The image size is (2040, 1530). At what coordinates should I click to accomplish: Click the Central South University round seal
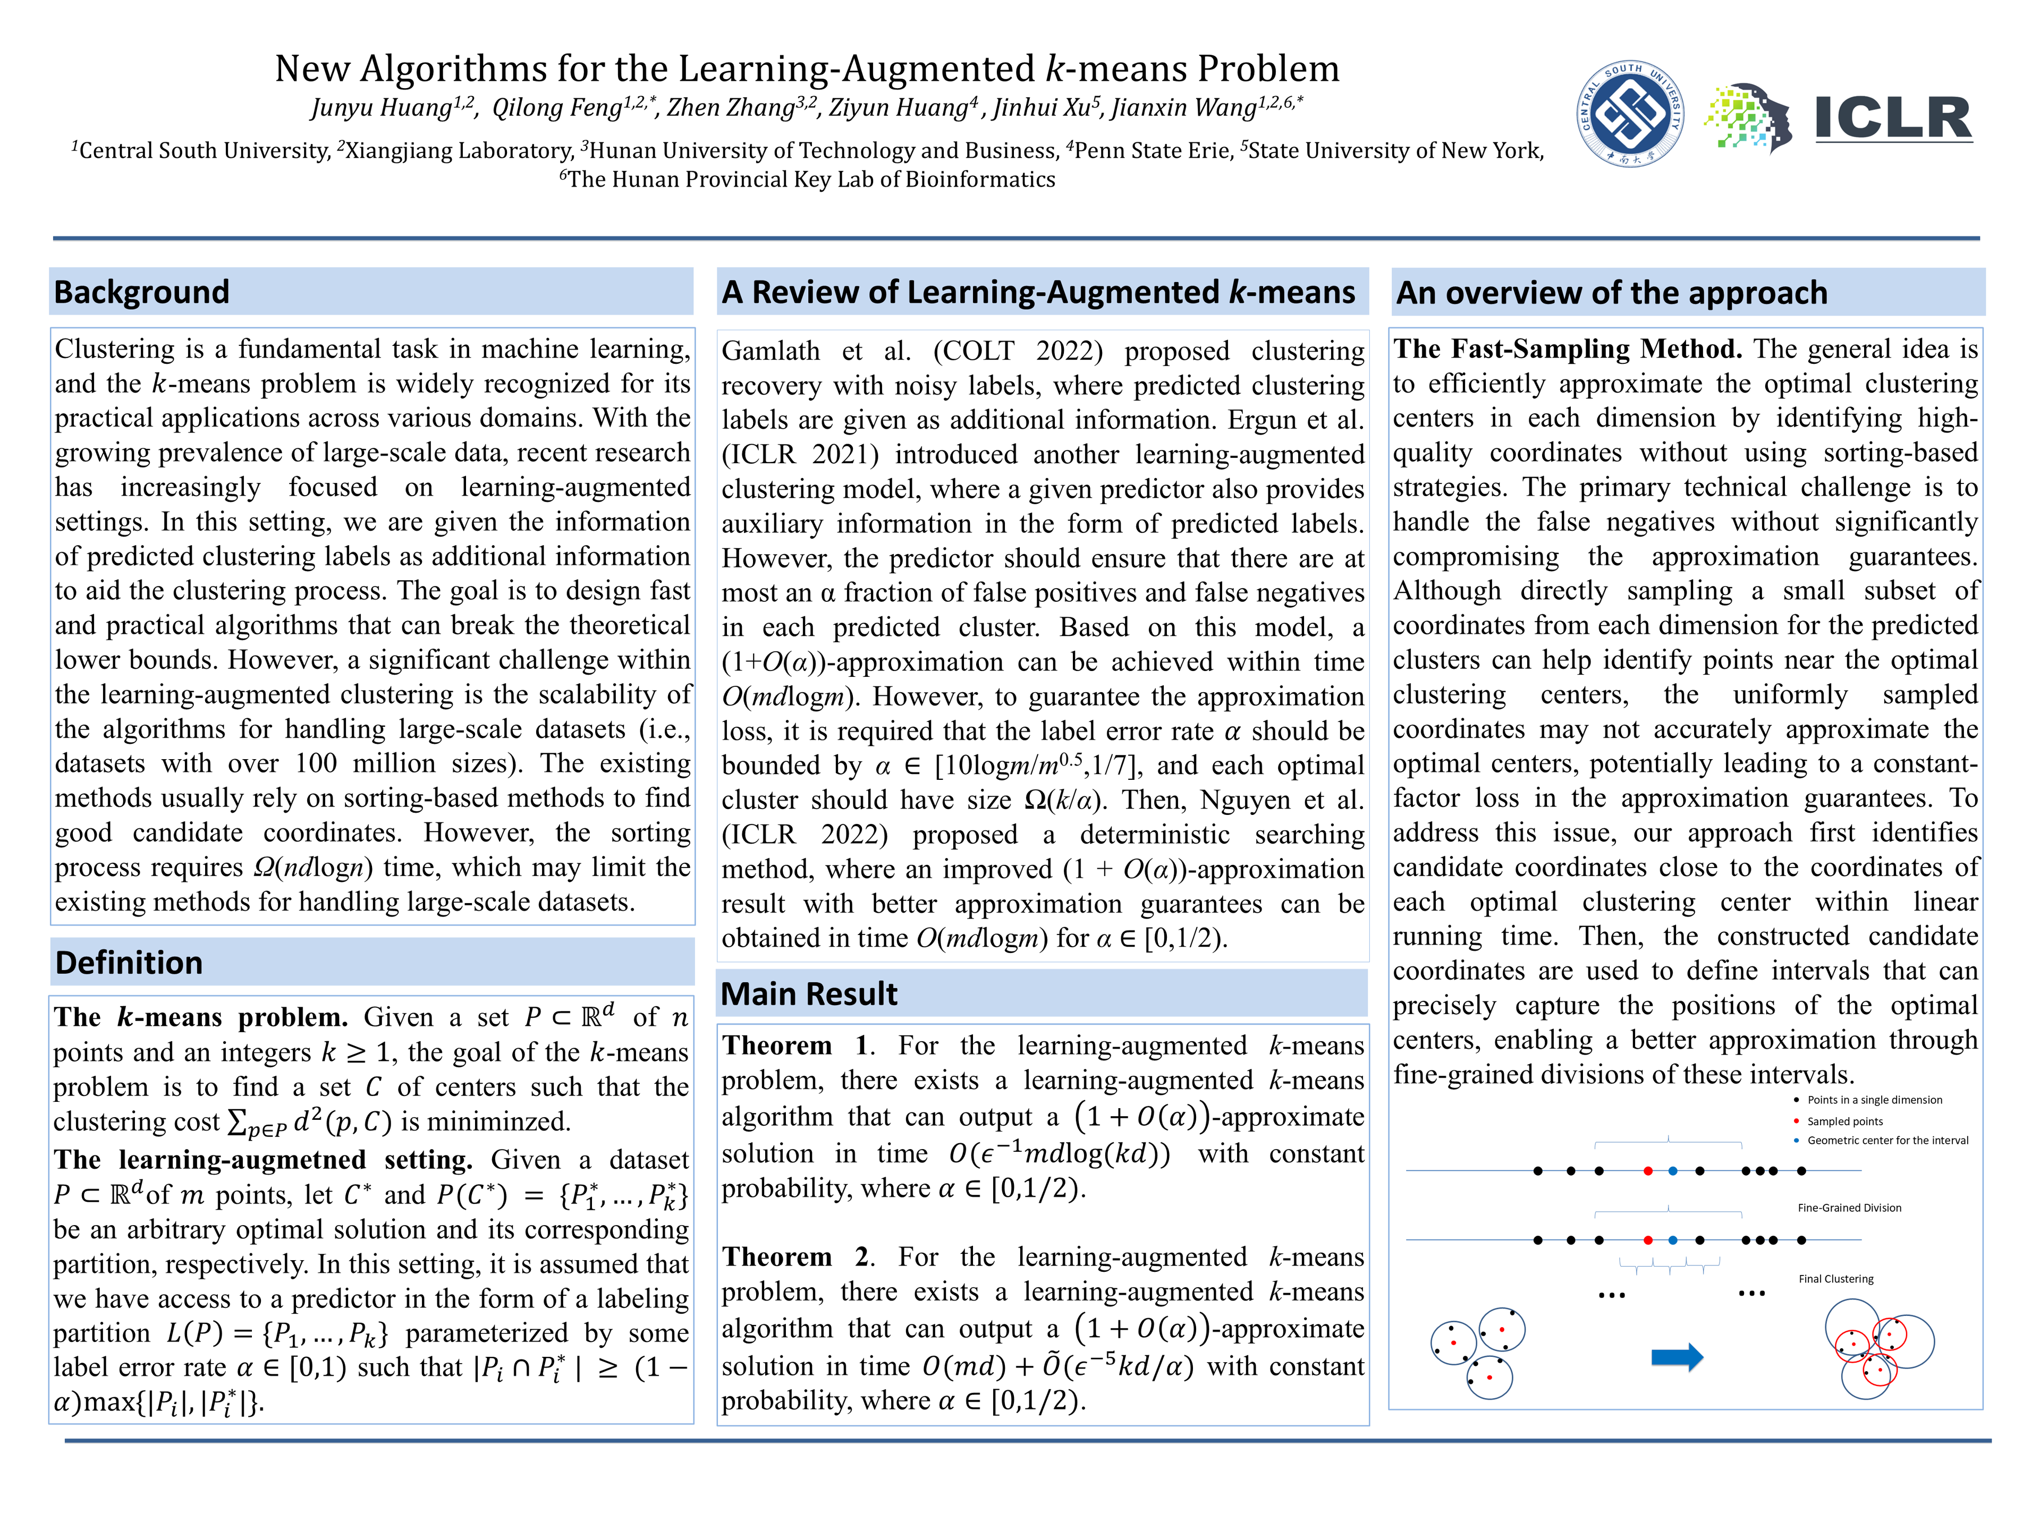pos(1630,114)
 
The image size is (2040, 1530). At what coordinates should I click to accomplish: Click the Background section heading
pos(141,292)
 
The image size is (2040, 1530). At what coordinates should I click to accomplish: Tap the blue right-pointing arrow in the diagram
pos(1675,1357)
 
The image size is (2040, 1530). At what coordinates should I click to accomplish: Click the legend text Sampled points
pos(1844,1121)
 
